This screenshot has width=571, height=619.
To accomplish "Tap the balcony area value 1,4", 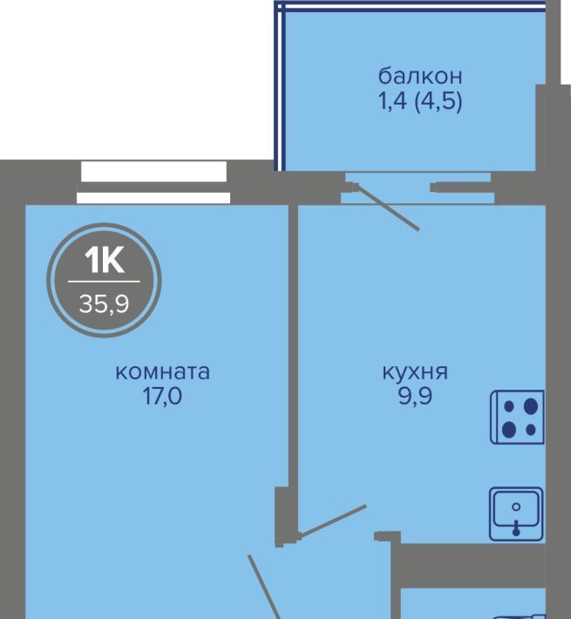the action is [392, 101].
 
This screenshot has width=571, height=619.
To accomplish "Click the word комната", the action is [162, 372].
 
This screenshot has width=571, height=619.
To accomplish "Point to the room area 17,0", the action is [162, 396].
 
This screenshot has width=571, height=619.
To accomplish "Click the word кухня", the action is [415, 372].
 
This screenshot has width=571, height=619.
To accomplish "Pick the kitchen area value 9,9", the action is [415, 396].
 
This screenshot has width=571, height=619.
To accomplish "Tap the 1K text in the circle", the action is [105, 260].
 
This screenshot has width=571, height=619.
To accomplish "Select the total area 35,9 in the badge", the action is [105, 304].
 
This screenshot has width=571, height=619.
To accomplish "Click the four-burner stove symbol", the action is [517, 417].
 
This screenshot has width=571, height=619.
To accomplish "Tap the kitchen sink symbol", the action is [517, 514].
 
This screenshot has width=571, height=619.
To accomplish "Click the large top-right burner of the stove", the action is [531, 405].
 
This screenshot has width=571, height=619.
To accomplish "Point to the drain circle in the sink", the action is [516, 507].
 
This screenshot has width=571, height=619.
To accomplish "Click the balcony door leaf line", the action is [386, 207].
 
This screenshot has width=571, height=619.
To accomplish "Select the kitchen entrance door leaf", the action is [333, 520].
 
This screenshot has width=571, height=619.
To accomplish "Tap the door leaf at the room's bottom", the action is [264, 587].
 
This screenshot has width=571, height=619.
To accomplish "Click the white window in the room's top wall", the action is [153, 182].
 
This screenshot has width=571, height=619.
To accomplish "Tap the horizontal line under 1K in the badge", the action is [105, 282].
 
